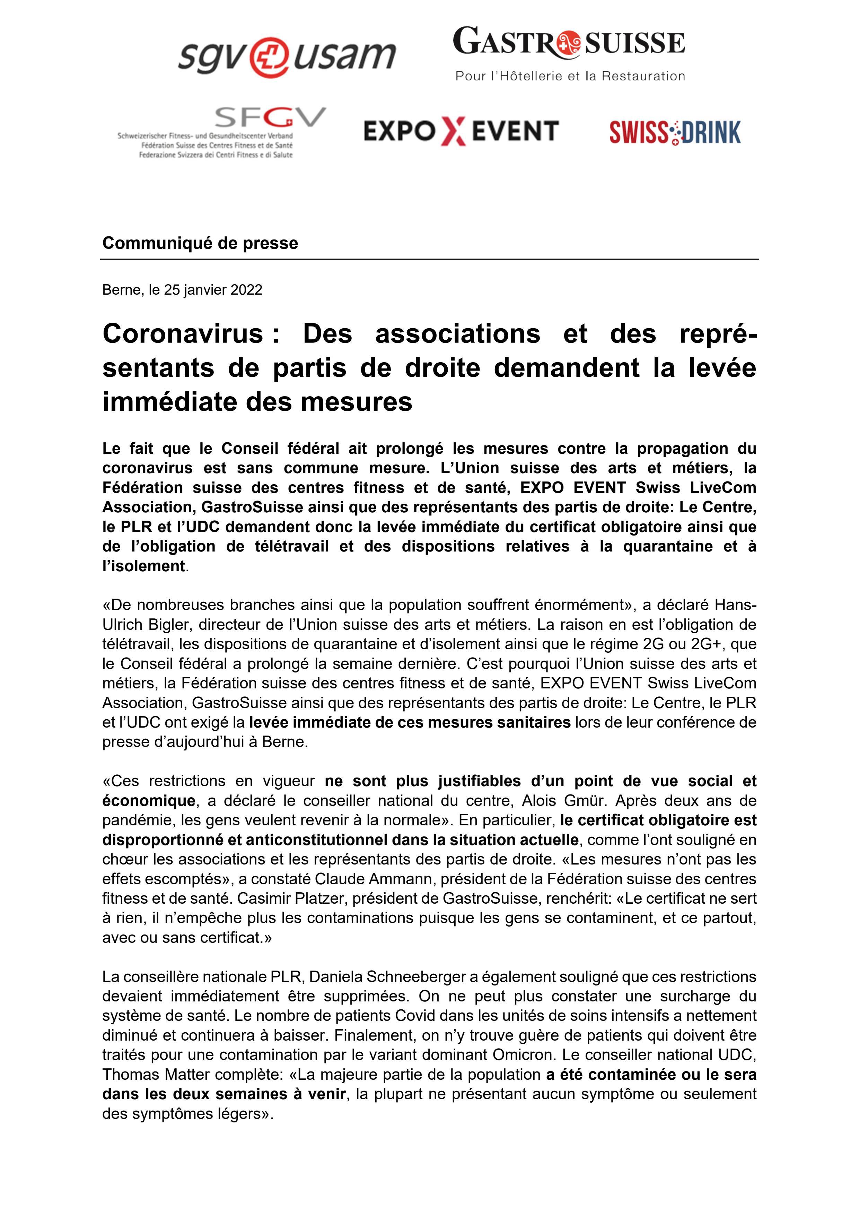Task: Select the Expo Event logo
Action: (x=461, y=131)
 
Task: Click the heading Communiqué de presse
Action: (x=200, y=243)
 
